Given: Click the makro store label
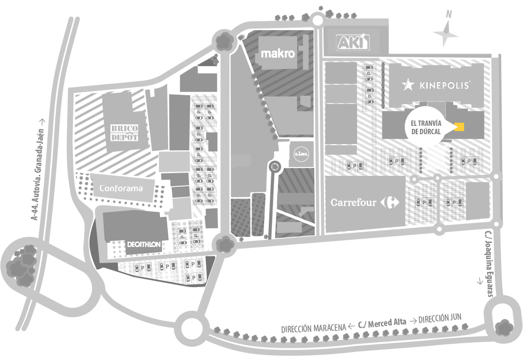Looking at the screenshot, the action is pos(278,53).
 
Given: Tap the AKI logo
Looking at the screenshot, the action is pos(353,42).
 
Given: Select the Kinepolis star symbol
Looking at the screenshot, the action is pos(408,85).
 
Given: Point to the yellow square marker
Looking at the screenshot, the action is pos(459,127).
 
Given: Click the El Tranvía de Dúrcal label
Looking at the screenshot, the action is pos(426,127).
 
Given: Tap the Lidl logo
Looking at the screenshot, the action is pos(301,154).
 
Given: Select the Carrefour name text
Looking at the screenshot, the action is pos(353,202).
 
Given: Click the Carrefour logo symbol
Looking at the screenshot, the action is pos(390,202).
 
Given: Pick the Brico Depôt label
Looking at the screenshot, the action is pos(124,133).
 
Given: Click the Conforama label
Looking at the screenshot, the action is pos(121,188).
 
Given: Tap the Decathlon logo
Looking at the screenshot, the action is pos(144,244).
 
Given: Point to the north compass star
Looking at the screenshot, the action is pos(445,33).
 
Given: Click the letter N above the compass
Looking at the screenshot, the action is pos(449,14).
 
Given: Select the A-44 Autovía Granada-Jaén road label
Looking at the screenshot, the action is pos(38,170).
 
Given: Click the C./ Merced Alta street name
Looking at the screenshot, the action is pos(382,323).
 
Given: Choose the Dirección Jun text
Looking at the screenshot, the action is pos(440,319).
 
